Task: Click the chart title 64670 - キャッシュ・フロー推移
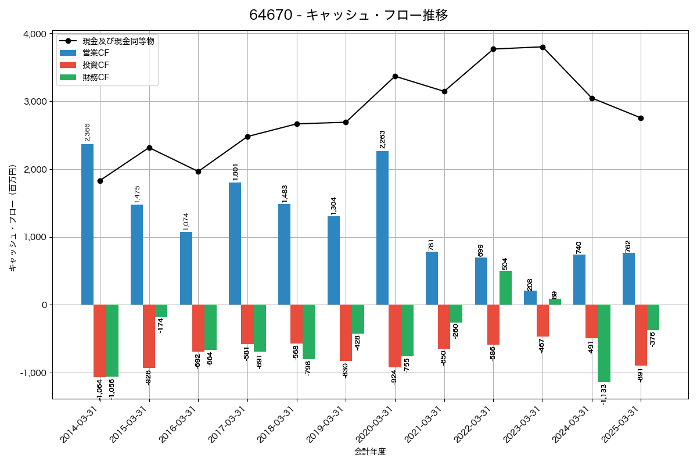coord(348,15)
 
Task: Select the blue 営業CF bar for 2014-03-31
coord(87,224)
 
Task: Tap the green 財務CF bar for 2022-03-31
coord(505,288)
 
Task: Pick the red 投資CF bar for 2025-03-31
coord(641,335)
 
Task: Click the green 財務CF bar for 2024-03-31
coord(604,343)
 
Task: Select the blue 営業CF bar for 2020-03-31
coord(382,228)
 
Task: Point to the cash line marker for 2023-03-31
coord(542,47)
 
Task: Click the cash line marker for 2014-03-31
coord(100,181)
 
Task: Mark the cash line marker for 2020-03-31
coord(395,76)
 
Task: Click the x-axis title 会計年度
coord(370,452)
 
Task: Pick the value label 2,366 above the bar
coord(87,132)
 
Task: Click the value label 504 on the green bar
coord(505,263)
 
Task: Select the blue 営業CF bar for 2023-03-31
coord(530,298)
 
